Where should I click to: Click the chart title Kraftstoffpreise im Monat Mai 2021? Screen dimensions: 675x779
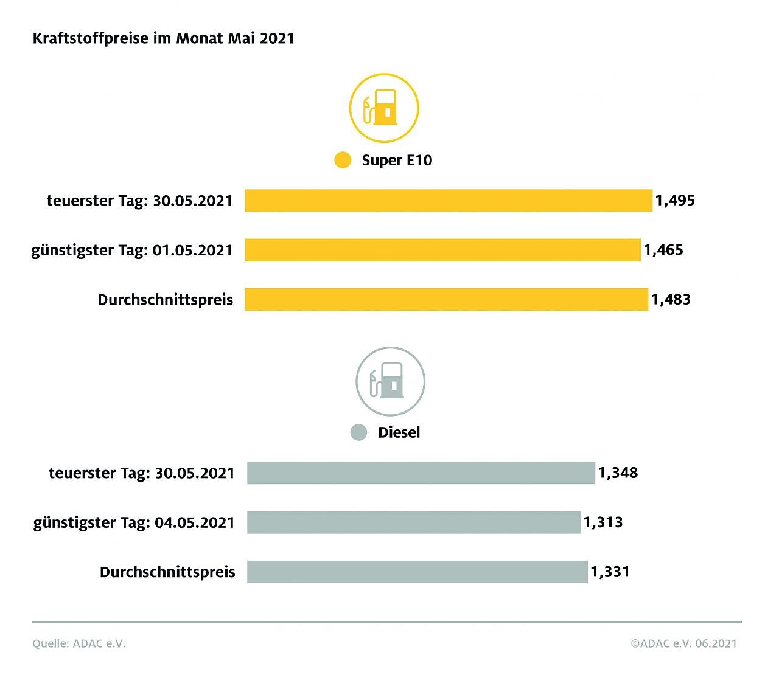(163, 38)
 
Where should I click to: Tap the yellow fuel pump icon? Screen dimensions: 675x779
(384, 108)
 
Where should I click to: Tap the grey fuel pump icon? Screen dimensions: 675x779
(390, 381)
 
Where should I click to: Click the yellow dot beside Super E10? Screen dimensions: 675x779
(343, 160)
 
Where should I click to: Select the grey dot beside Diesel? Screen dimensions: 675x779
(359, 432)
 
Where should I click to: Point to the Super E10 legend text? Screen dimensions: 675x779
(397, 160)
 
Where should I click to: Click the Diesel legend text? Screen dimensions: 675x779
(399, 432)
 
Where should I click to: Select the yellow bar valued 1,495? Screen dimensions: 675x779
(449, 201)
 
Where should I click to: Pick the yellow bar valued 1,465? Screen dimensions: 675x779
(442, 250)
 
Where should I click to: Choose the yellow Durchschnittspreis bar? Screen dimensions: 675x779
(446, 299)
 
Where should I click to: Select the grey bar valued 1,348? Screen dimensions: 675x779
(421, 472)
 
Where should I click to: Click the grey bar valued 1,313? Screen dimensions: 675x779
(413, 522)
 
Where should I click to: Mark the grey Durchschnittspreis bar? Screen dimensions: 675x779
(417, 572)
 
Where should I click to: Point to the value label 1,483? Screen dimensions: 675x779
(671, 299)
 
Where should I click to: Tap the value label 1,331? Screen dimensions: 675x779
(610, 572)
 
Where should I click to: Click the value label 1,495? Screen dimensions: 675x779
(675, 201)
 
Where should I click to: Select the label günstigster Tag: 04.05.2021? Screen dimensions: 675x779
(134, 522)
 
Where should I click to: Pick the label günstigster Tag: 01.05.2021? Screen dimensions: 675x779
(132, 250)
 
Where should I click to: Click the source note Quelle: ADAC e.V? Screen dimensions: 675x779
(79, 643)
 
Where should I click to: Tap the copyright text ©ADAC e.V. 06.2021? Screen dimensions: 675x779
(683, 643)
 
